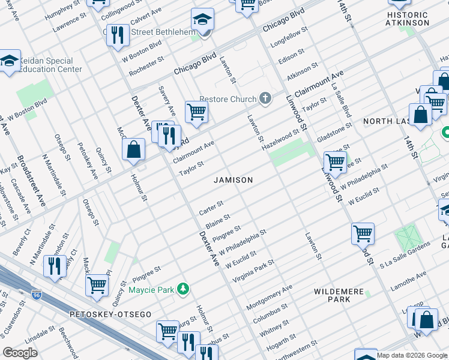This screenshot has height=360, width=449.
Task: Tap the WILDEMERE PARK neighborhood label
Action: click(339, 295)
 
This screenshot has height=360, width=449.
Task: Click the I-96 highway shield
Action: click(37, 295)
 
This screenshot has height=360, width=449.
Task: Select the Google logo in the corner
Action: click(20, 352)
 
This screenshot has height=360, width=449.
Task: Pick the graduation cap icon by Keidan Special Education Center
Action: click(10, 61)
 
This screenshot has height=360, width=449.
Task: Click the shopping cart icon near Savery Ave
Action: click(196, 112)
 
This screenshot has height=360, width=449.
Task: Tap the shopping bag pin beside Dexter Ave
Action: click(133, 149)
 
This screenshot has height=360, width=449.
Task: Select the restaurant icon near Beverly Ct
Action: click(55, 265)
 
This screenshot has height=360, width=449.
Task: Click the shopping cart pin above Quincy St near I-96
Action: click(97, 285)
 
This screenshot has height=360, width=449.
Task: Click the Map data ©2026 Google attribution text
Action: click(411, 355)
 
